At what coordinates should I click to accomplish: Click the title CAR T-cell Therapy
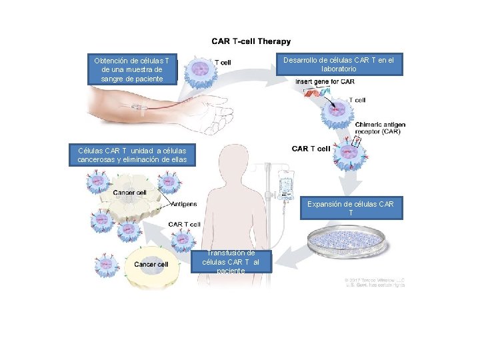point(251,42)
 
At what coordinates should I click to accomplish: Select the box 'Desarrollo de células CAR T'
point(338,65)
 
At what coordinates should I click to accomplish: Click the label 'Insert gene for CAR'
point(325,81)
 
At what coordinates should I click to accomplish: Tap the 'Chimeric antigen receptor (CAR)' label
point(380,128)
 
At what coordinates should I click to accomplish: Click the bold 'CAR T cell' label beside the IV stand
point(311,149)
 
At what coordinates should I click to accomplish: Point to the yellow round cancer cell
point(153,265)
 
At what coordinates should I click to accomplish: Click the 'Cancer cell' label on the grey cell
point(129,193)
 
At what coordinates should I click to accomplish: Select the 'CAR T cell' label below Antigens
point(184,224)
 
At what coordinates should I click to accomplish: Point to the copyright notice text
point(375,281)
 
